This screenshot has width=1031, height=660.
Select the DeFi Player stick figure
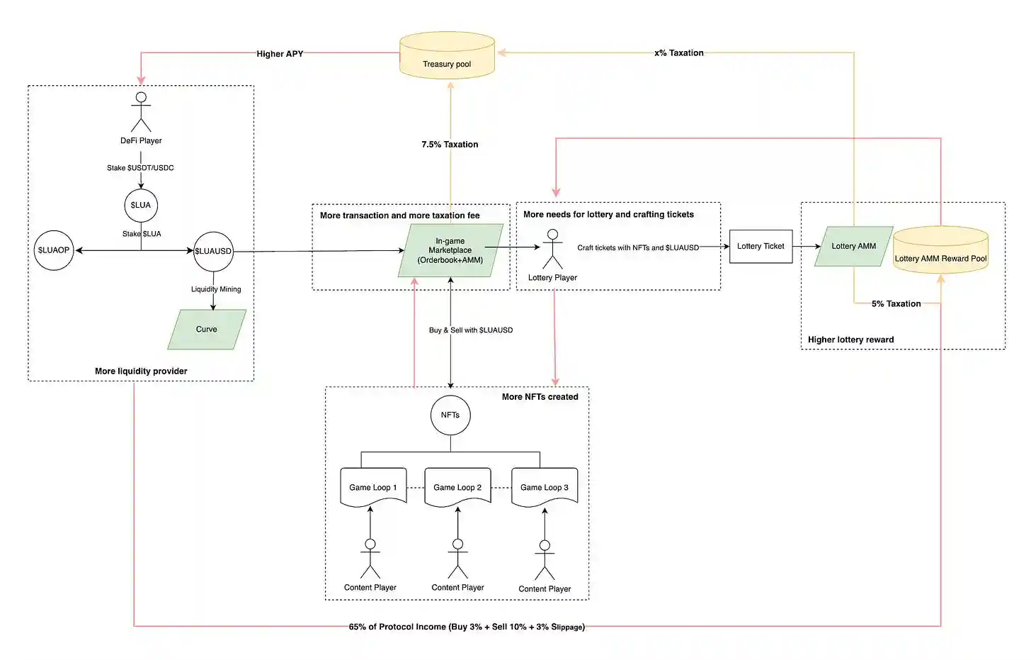point(141,112)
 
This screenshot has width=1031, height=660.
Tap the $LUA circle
point(141,206)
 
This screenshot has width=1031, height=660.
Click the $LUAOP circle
point(54,250)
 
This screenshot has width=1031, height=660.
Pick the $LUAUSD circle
point(213,251)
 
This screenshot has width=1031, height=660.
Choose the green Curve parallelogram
point(207,330)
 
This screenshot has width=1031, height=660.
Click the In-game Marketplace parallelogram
point(450,251)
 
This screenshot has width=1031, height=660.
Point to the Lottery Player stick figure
point(552,250)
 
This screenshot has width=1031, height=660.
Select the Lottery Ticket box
point(761,247)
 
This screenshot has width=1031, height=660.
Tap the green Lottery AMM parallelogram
point(853,247)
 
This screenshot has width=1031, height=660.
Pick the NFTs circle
point(450,415)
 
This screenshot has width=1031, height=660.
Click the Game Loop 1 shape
point(373,487)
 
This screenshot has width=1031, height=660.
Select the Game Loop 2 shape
point(457,487)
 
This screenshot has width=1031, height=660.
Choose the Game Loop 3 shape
point(545,487)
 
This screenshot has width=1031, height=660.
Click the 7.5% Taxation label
point(450,145)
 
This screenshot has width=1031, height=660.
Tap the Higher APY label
point(280,54)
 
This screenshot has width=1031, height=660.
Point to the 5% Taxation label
point(896,304)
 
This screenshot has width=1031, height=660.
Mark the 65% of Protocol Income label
point(467,627)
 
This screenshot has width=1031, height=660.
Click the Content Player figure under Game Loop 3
point(545,560)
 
